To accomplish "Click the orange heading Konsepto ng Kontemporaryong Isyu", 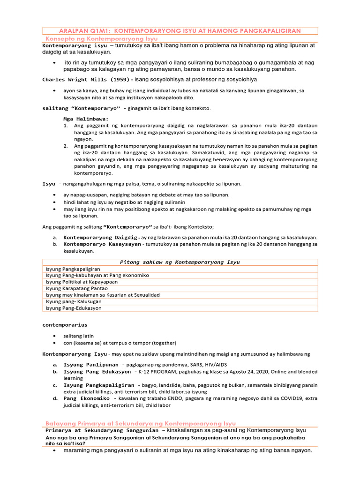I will [x=101, y=38].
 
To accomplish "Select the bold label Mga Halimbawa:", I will [x=86, y=119].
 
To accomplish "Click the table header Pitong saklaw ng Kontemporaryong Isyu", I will [x=180, y=262].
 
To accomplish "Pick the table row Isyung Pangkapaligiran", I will [x=73, y=269].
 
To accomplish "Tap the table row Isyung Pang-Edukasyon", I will [x=73, y=308].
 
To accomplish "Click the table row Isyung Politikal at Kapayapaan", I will [x=81, y=282].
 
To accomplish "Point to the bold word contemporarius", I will [x=65, y=324].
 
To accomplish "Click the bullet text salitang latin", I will [x=79, y=336].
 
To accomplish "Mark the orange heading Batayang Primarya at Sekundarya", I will [x=141, y=423].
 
